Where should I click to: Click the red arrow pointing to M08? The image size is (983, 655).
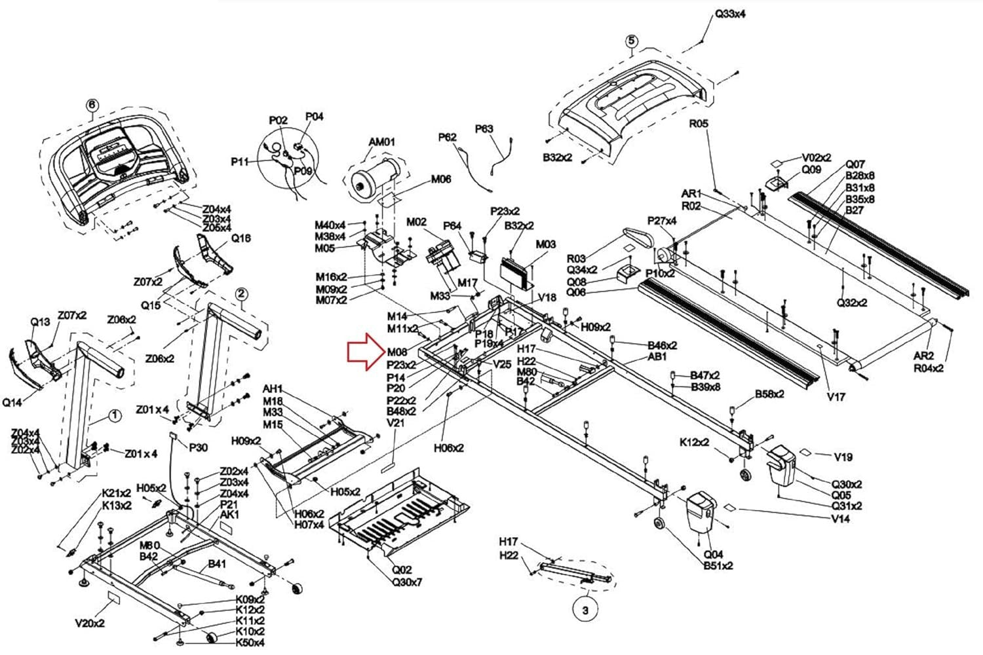tap(366, 352)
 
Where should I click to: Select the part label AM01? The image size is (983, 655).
tap(382, 141)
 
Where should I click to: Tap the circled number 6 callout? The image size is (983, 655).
tap(92, 105)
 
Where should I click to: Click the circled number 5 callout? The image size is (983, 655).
tap(631, 41)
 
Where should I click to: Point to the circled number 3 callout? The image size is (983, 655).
tap(585, 610)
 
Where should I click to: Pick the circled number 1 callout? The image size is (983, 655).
tap(114, 415)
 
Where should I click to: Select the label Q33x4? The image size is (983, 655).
tap(731, 14)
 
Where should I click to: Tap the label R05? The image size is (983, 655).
tap(699, 123)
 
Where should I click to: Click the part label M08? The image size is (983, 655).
tap(397, 352)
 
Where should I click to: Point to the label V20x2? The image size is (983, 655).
tap(90, 624)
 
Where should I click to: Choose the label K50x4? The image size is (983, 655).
tap(250, 643)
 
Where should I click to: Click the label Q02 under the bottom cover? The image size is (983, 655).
tap(402, 571)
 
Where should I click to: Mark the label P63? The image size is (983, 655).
tap(484, 129)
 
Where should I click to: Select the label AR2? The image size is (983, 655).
tap(923, 356)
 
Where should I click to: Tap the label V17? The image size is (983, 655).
tap(836, 396)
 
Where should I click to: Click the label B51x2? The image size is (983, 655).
tap(718, 566)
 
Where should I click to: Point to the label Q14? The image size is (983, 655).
tap(12, 403)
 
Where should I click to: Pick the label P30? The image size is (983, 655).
tap(198, 448)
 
